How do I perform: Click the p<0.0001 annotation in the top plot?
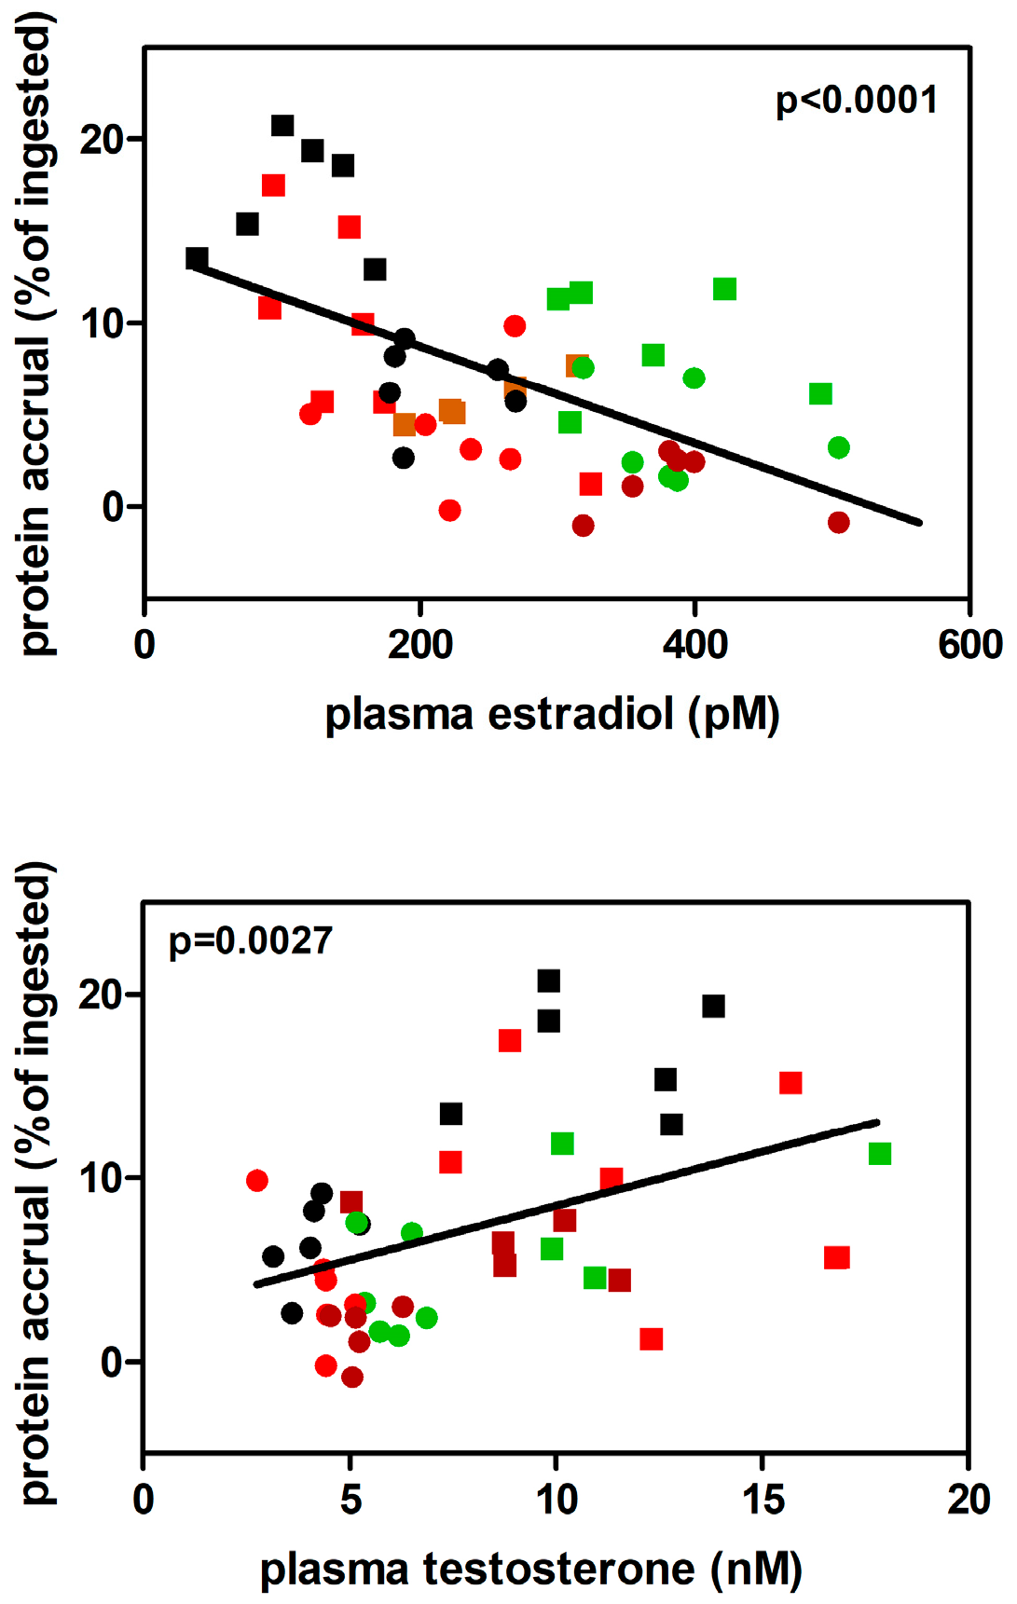click(x=856, y=101)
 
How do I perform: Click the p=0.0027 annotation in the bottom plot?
click(x=250, y=941)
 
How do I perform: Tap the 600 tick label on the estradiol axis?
click(x=969, y=645)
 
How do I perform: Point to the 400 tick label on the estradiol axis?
click(x=695, y=645)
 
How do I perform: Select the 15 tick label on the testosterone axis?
click(x=763, y=1500)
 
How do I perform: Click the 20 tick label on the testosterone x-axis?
click(x=968, y=1500)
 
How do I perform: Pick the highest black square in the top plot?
click(x=282, y=126)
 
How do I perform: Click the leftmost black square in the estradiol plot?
click(x=197, y=258)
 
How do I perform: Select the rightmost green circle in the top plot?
click(x=839, y=447)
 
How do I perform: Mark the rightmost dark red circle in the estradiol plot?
click(x=839, y=523)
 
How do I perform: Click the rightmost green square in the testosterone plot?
click(x=880, y=1154)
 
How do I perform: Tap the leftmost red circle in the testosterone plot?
click(x=257, y=1181)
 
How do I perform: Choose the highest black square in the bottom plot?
click(x=549, y=980)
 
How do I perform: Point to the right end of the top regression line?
click(x=919, y=523)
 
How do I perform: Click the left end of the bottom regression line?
click(x=257, y=1285)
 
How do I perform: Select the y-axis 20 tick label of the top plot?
click(x=102, y=140)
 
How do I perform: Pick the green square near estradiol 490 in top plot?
click(x=820, y=394)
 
